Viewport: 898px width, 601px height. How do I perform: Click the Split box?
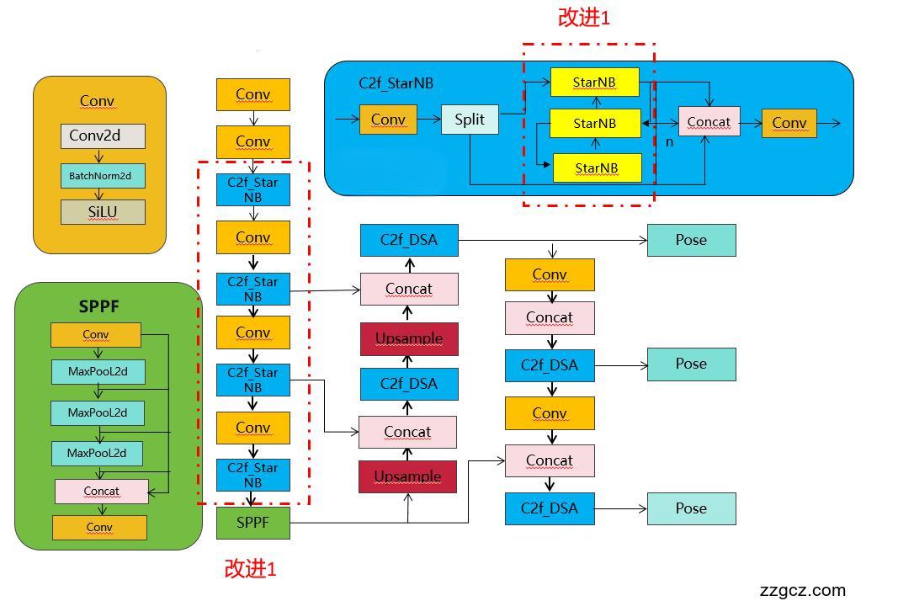(x=470, y=120)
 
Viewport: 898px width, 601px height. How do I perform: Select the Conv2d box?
(x=103, y=136)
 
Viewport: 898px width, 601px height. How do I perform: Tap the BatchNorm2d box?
(x=102, y=175)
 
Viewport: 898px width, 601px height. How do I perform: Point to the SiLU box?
(x=103, y=212)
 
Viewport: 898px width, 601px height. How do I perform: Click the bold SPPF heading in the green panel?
(x=99, y=306)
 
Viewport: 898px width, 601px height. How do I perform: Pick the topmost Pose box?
(x=691, y=240)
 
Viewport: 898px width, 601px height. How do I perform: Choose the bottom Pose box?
(x=691, y=508)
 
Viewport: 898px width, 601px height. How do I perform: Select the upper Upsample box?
(x=409, y=338)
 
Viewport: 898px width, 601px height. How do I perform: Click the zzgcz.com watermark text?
(x=802, y=590)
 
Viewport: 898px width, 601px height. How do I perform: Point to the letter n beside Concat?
(x=669, y=142)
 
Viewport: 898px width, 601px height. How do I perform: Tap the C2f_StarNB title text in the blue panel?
(x=396, y=82)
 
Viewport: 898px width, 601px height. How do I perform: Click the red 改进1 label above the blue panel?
(x=583, y=18)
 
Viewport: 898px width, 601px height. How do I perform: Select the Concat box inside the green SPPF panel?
(x=102, y=491)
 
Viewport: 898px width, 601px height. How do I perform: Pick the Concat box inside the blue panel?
(x=709, y=122)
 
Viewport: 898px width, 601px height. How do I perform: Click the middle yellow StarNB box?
(x=595, y=123)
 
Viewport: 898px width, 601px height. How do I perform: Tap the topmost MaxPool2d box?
(x=98, y=371)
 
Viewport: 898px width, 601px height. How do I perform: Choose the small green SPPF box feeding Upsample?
(x=252, y=523)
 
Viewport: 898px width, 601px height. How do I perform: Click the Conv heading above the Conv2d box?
(x=97, y=101)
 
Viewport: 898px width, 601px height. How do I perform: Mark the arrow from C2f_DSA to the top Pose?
(x=552, y=241)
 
